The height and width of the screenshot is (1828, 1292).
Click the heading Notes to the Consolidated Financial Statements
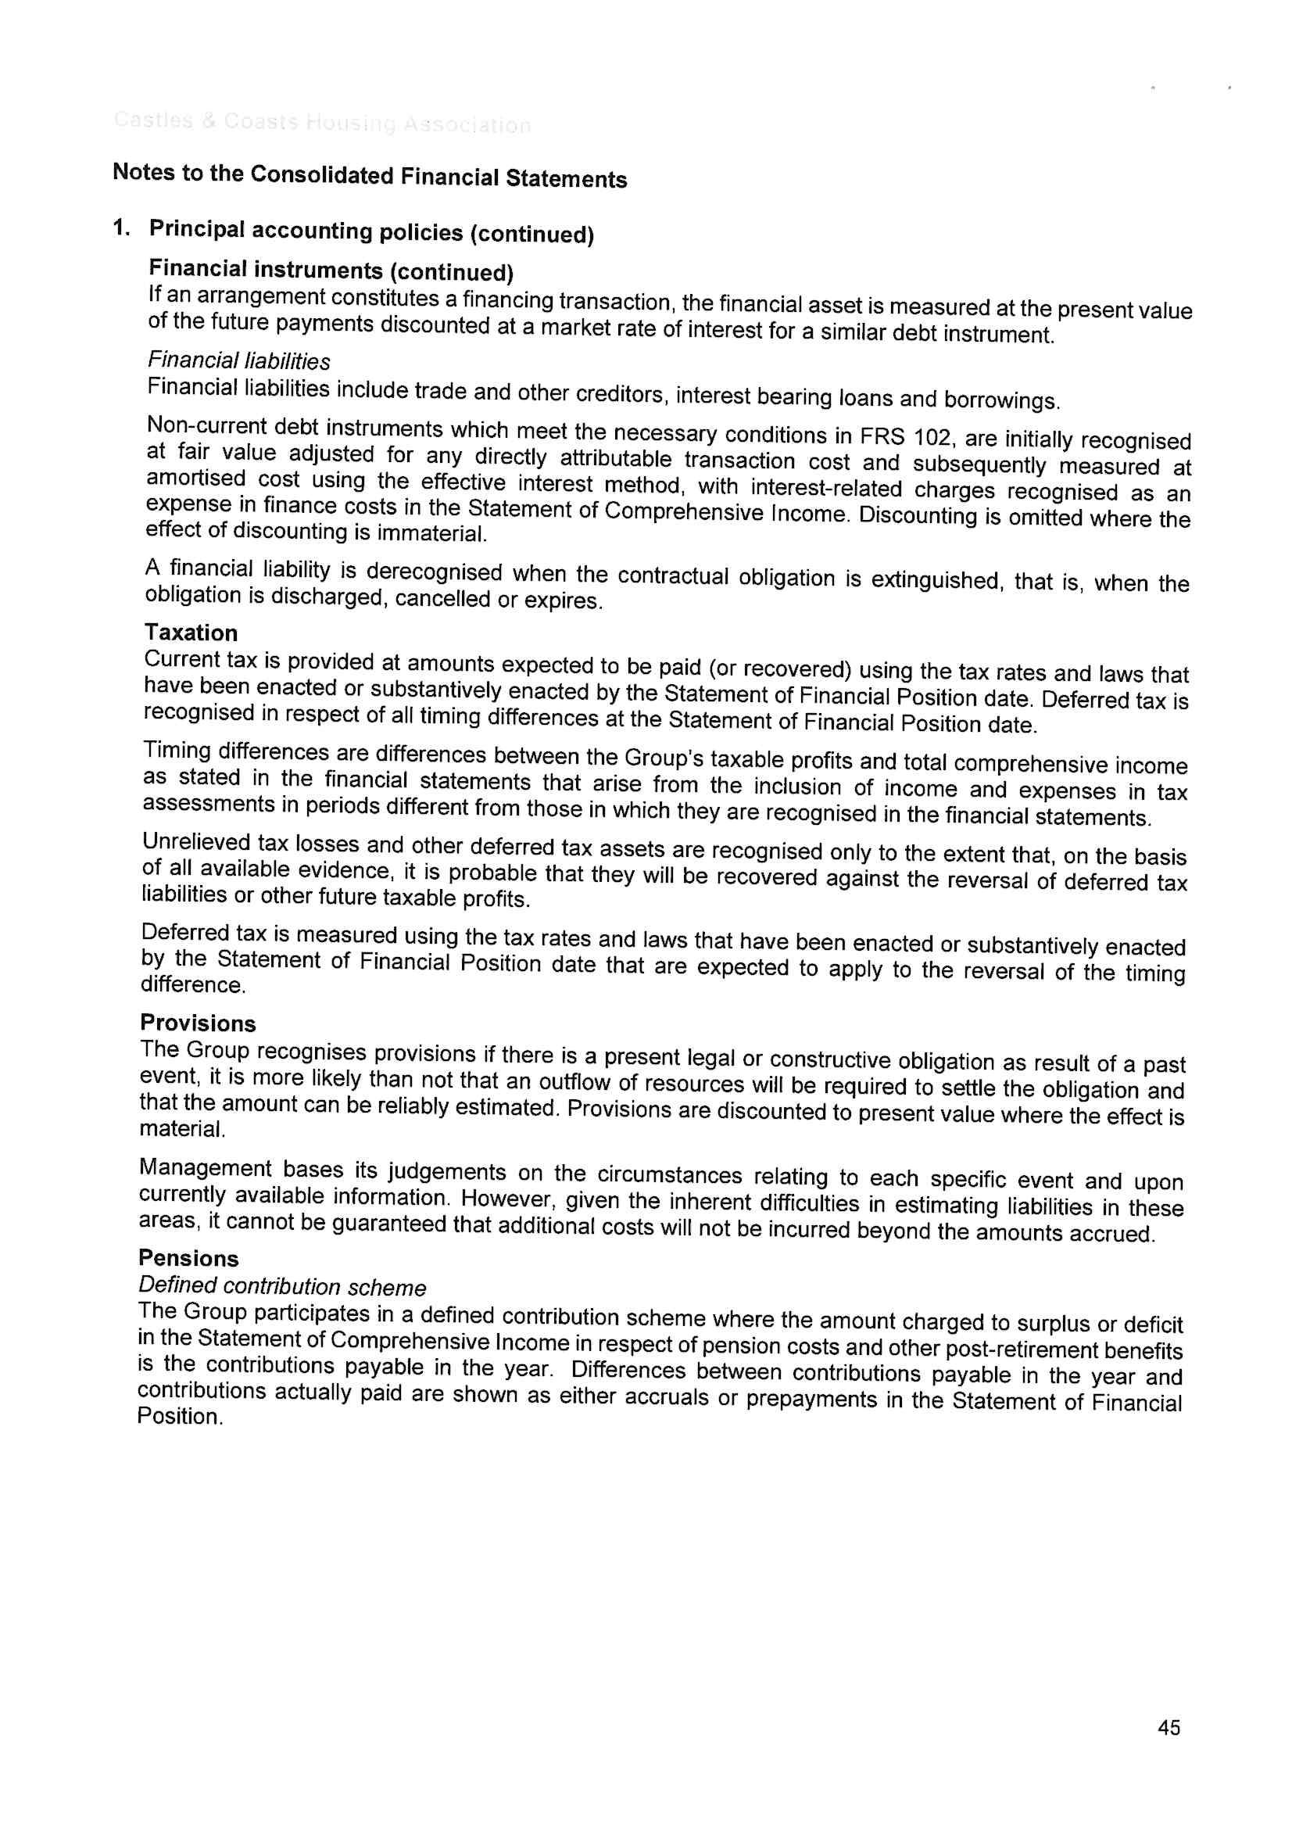370,176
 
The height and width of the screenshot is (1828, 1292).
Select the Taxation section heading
191,633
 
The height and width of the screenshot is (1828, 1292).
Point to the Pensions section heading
188,1258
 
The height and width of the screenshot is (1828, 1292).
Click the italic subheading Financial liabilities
239,361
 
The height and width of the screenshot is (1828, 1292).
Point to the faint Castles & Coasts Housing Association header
322,123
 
